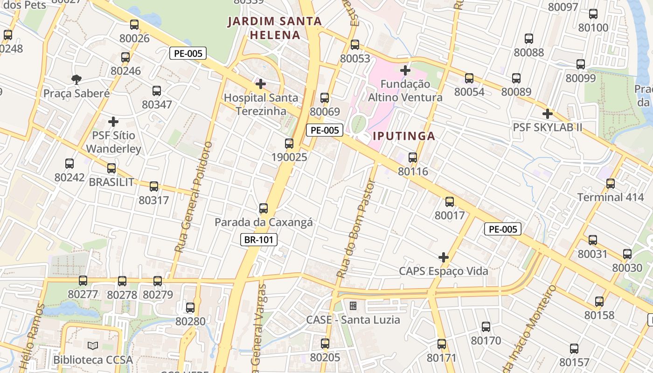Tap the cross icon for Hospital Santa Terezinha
pyautogui.click(x=261, y=84)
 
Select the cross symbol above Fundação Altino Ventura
pyautogui.click(x=405, y=70)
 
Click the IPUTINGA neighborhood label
pyautogui.click(x=404, y=136)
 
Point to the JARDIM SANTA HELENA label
pyautogui.click(x=275, y=28)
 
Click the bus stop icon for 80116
pyautogui.click(x=413, y=158)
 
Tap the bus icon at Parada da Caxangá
pyautogui.click(x=264, y=208)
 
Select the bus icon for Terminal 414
pyautogui.click(x=611, y=184)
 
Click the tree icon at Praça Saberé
pyautogui.click(x=76, y=80)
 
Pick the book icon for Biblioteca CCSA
pyautogui.click(x=93, y=346)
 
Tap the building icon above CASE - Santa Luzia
pyautogui.click(x=353, y=306)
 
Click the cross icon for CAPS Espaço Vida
pyautogui.click(x=444, y=257)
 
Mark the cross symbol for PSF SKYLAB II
pyautogui.click(x=548, y=114)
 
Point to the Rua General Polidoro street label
pyautogui.click(x=193, y=197)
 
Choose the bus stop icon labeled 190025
pyautogui.click(x=289, y=144)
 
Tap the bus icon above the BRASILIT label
pyautogui.click(x=111, y=168)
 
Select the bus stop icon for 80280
pyautogui.click(x=190, y=308)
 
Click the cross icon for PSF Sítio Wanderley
pyautogui.click(x=113, y=122)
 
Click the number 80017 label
pyautogui.click(x=450, y=215)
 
